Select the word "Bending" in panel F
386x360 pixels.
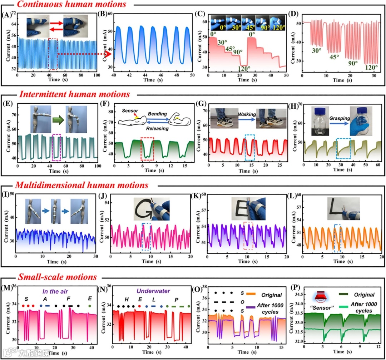pos(156,114)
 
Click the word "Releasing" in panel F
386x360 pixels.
pos(155,128)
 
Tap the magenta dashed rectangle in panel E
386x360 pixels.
pos(56,147)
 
